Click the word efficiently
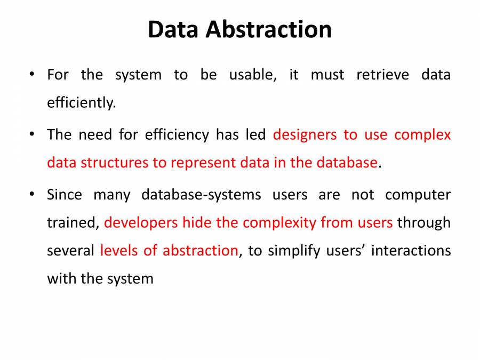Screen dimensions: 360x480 coord(81,103)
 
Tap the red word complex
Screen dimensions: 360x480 coord(422,134)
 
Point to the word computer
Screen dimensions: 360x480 coord(418,195)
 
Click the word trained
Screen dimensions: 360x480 coord(73,222)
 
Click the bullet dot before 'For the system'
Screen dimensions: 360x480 coord(33,74)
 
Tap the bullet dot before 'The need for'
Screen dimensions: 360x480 coord(33,134)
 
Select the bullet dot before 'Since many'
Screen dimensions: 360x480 coord(33,195)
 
